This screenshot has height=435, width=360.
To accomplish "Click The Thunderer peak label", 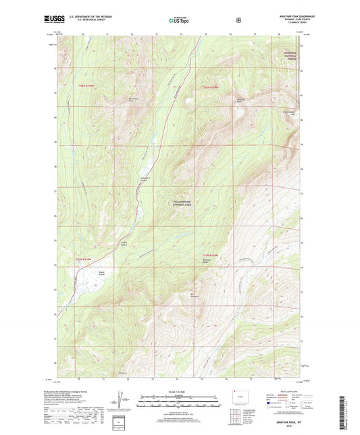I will point(195,295).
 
